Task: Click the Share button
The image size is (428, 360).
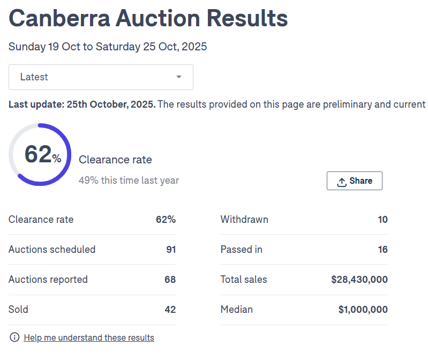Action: click(354, 181)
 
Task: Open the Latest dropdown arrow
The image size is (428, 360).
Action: click(179, 77)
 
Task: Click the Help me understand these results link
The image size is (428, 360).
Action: click(89, 337)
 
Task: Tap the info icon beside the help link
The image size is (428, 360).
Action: click(14, 337)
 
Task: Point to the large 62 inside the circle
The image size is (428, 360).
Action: click(37, 154)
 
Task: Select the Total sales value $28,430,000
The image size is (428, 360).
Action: click(359, 279)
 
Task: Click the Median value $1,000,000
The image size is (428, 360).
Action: click(363, 309)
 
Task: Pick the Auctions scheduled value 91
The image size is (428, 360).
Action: click(170, 249)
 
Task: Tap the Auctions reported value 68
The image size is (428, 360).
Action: click(170, 279)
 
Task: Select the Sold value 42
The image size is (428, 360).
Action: click(170, 309)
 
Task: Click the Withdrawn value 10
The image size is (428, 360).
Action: click(382, 219)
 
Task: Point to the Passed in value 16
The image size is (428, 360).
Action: click(382, 249)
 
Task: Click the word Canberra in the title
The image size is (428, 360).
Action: click(60, 18)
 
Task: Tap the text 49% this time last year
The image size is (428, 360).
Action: click(129, 181)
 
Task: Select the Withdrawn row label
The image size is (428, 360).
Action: click(244, 219)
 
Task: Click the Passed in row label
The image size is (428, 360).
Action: click(241, 249)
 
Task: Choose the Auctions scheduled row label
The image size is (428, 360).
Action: click(52, 249)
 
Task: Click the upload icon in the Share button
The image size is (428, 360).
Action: click(342, 182)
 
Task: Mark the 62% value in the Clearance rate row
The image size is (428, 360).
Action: click(166, 219)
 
